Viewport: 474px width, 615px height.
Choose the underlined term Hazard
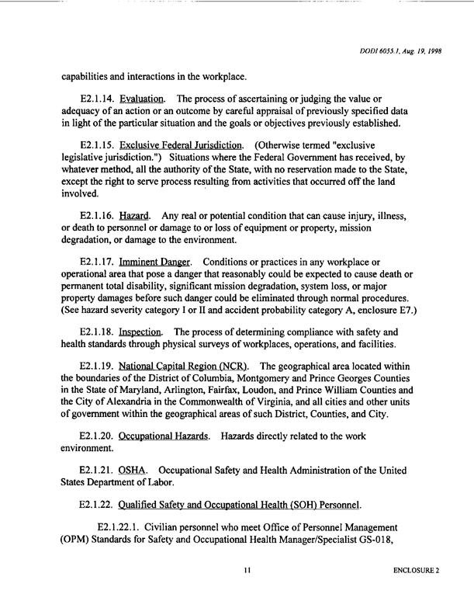pos(146,214)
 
